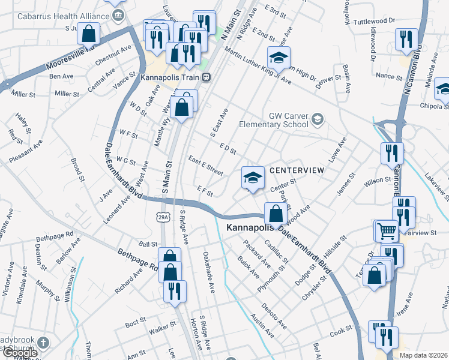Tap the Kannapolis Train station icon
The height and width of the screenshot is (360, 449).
[x=206, y=77]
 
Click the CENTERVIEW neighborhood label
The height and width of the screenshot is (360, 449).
[x=297, y=171]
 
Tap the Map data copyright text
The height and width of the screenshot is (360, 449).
[x=423, y=355]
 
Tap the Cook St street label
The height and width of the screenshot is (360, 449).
[x=340, y=331]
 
